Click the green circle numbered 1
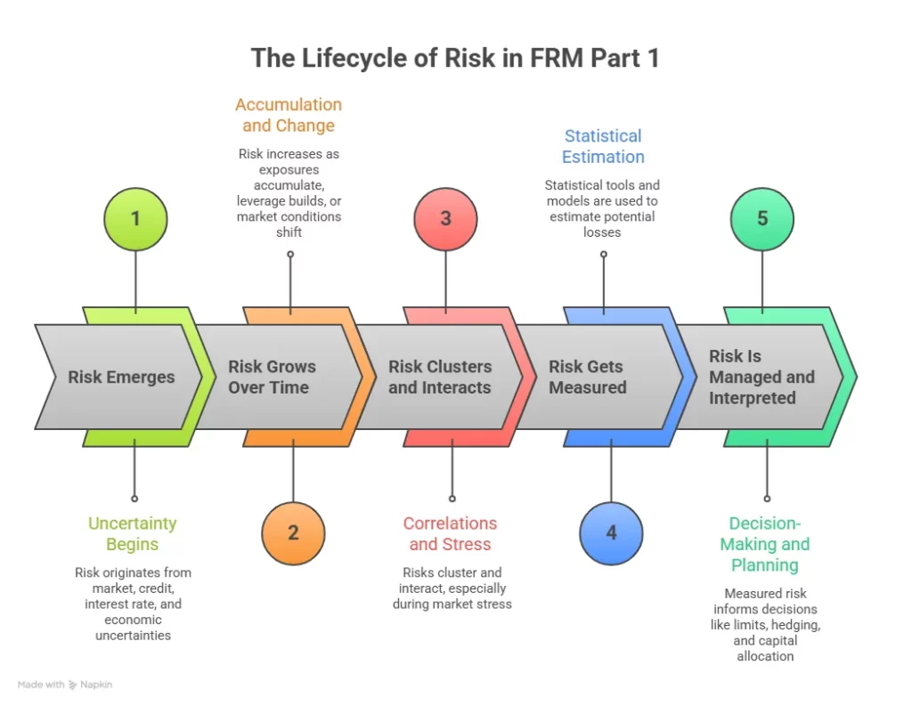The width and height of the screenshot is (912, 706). (x=135, y=218)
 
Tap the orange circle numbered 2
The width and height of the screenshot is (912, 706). (x=293, y=532)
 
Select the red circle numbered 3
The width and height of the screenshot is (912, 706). (x=445, y=219)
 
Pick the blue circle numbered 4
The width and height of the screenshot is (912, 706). (x=611, y=532)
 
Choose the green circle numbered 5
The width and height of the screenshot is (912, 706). (x=762, y=218)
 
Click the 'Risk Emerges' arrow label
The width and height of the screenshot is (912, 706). (x=121, y=377)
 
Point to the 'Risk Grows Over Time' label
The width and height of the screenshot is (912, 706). (x=272, y=377)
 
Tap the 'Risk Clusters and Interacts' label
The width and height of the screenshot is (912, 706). (x=440, y=377)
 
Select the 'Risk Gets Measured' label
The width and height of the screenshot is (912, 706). (x=588, y=377)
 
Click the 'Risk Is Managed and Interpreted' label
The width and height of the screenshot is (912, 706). (x=761, y=377)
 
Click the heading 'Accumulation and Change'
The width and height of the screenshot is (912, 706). (x=289, y=116)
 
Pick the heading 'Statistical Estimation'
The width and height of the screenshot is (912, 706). (x=603, y=146)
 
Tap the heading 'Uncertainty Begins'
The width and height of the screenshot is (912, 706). (x=132, y=533)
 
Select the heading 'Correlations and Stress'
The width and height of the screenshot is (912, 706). (x=450, y=533)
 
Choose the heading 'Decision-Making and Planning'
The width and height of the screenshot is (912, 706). (x=764, y=544)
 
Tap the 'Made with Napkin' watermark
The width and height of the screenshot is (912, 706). (x=65, y=685)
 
